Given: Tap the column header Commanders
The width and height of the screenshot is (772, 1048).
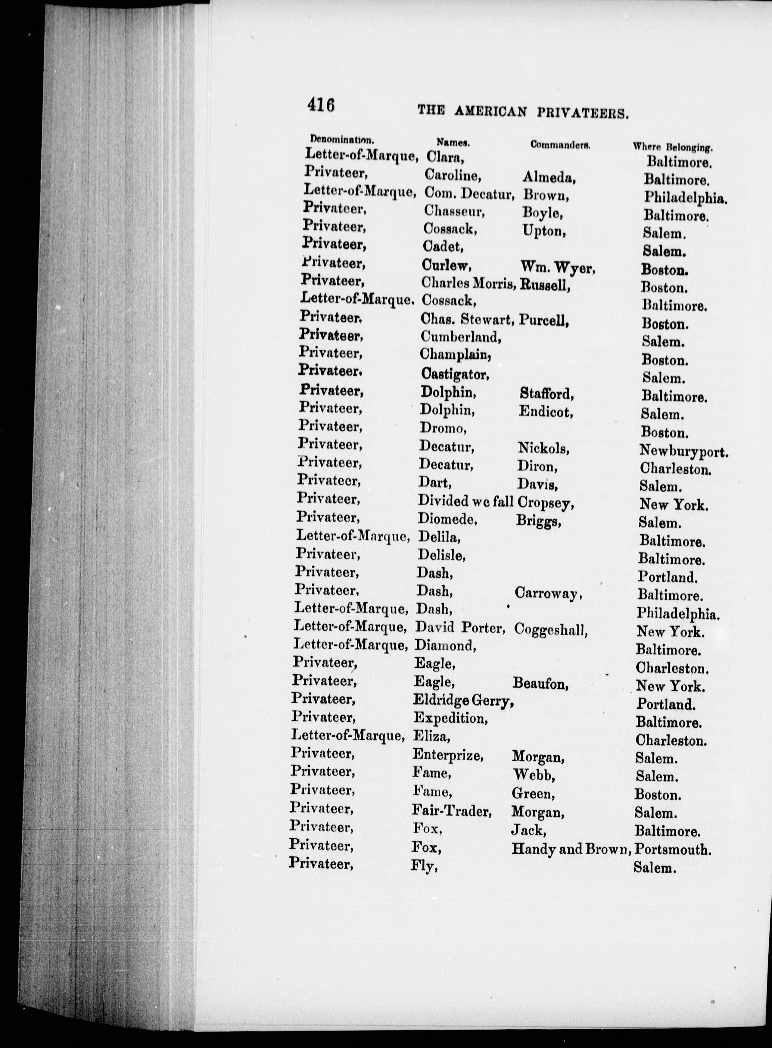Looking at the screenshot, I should [x=560, y=145].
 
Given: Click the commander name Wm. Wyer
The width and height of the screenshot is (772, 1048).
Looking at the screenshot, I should [x=557, y=267].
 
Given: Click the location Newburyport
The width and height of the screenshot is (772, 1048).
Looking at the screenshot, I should [x=683, y=451].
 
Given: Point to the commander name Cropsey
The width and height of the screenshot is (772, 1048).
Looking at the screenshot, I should [x=545, y=503].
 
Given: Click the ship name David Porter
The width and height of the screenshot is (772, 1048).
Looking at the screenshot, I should [x=460, y=628].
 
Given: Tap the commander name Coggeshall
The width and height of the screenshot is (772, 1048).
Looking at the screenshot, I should [x=550, y=630].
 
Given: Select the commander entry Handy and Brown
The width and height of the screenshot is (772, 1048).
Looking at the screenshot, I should [x=571, y=848].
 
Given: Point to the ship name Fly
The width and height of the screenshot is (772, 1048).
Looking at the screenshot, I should [x=424, y=866].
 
